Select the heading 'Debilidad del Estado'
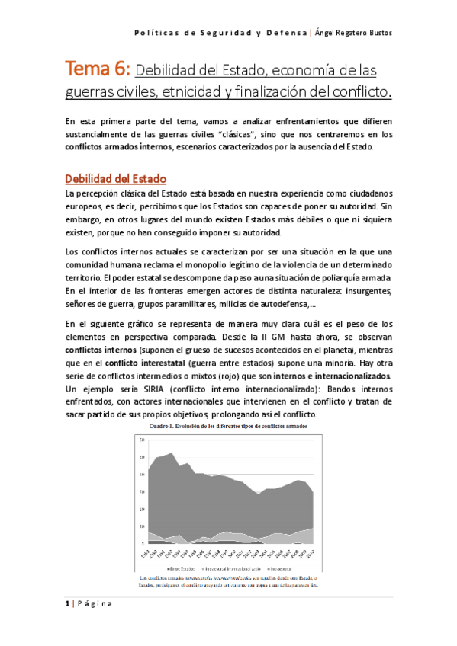click(x=115, y=179)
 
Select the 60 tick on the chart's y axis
click(x=141, y=440)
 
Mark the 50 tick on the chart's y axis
click(x=141, y=457)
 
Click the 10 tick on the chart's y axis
click(x=141, y=526)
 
